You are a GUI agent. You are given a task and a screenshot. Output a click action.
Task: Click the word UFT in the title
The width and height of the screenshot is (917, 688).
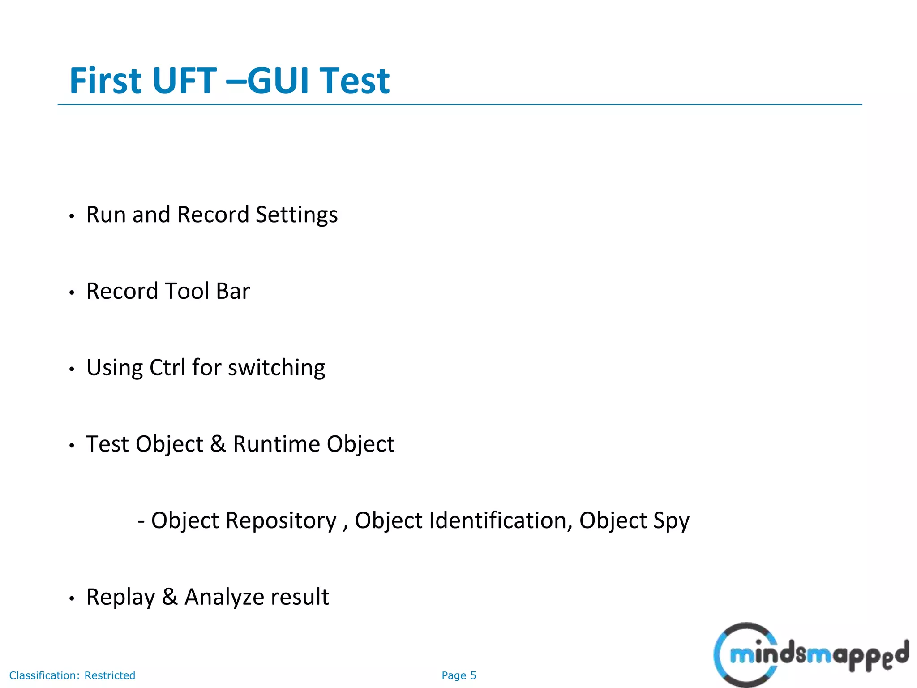point(184,81)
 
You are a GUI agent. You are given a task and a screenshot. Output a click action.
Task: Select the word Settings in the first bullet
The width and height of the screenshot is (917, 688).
point(296,215)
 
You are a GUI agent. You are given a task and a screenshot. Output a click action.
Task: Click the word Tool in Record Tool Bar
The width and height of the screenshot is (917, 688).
point(187,291)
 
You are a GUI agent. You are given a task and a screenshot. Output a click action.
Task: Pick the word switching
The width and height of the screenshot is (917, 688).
point(276,369)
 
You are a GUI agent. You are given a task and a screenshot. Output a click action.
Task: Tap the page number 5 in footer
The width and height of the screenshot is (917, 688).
point(473,675)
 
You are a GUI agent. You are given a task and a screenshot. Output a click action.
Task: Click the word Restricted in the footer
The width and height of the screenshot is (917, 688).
point(110,675)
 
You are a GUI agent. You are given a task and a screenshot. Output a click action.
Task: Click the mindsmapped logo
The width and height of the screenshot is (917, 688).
point(810,655)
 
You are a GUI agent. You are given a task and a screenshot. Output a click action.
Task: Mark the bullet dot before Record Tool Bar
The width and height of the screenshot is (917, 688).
point(72,293)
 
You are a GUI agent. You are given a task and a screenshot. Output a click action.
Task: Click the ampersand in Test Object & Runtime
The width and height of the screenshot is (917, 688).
point(218,444)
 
